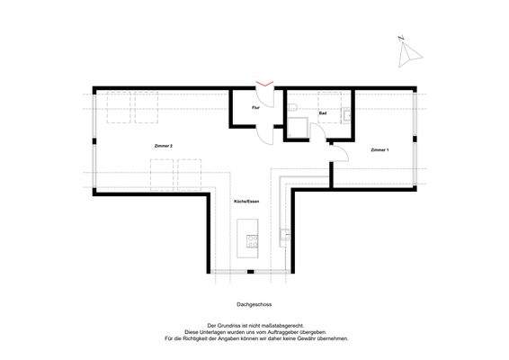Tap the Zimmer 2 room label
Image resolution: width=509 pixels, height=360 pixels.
(164, 145)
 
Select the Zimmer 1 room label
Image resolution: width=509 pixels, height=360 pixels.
(380, 149)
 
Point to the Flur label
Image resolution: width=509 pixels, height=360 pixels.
(256, 108)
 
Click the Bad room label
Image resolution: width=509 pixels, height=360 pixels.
(323, 114)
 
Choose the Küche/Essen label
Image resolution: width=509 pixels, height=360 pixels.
(246, 202)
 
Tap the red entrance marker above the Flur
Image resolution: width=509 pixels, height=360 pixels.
(263, 85)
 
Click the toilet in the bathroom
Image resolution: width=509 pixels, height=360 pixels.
(295, 110)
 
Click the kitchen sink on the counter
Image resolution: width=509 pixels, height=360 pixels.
(283, 236)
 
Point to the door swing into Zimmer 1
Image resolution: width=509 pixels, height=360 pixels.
(342, 155)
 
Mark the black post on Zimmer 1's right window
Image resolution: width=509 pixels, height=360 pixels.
(416, 139)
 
